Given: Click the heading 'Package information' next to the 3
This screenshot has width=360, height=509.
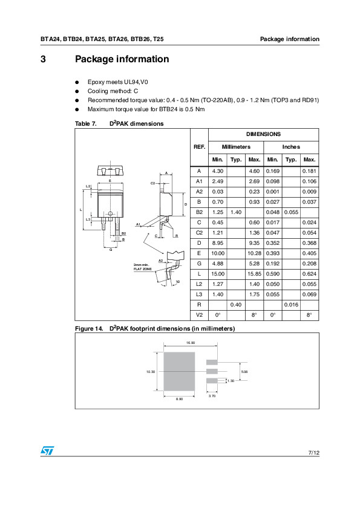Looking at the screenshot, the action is pos(122,59).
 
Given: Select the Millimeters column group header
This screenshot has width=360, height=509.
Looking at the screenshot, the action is pos(236,147).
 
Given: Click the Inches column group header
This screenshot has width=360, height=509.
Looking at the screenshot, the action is pos(291,147).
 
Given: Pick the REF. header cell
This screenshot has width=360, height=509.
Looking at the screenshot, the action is pos(199,147).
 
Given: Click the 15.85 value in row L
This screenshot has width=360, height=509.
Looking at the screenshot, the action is pos(254,273).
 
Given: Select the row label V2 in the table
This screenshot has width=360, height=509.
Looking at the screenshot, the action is pos(199,314).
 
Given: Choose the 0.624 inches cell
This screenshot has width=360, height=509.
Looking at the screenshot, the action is pos(309,273).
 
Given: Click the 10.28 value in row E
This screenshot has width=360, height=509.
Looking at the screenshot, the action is pos(254,253).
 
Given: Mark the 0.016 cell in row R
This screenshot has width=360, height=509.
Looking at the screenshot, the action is pos(291,304).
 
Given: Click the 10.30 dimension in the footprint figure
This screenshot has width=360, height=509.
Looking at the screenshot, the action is pos(151,372).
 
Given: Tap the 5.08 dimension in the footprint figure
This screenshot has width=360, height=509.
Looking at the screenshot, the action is pos(244,371).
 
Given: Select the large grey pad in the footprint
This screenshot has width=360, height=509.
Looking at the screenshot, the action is pos(180,372).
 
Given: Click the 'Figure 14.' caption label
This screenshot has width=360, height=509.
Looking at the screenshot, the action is pos(88,328).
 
